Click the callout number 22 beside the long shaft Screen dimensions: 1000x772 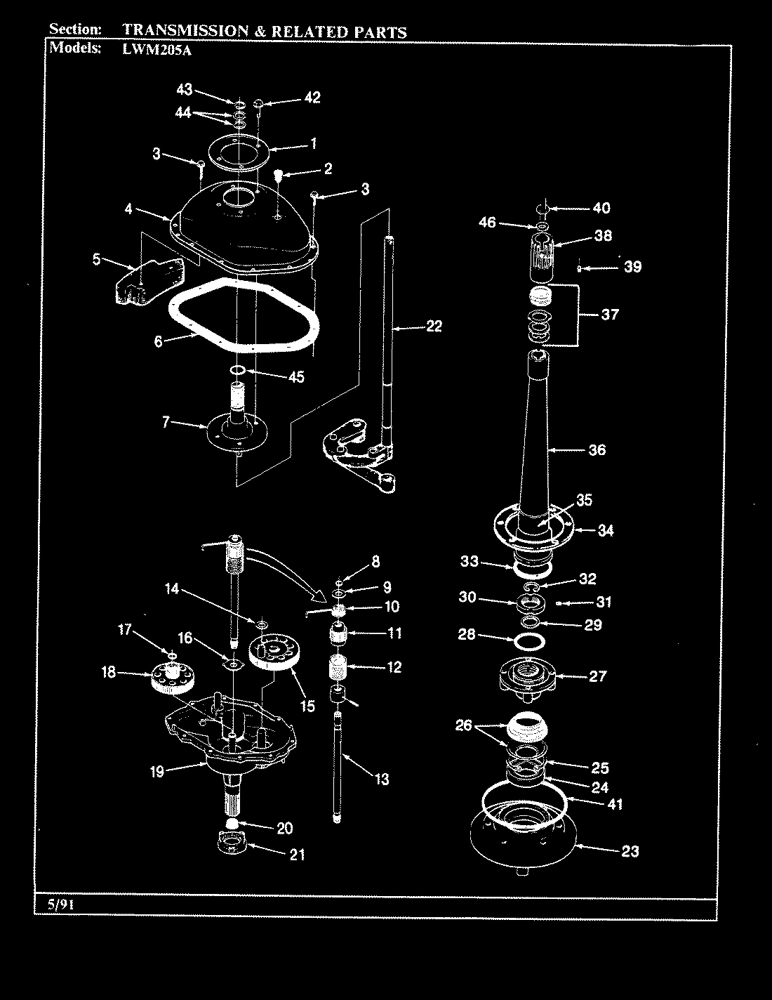pyautogui.click(x=434, y=326)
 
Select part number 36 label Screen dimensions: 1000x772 pyautogui.click(x=597, y=450)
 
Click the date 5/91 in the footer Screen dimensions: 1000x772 pyautogui.click(x=60, y=905)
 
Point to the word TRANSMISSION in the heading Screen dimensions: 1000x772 pyautogui.click(x=185, y=31)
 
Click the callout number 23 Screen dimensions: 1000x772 pyautogui.click(x=630, y=852)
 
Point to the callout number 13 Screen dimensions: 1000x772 pyautogui.click(x=381, y=779)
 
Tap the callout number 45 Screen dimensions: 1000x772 pyautogui.click(x=296, y=377)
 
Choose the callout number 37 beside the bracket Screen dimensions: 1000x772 pyautogui.click(x=609, y=314)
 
